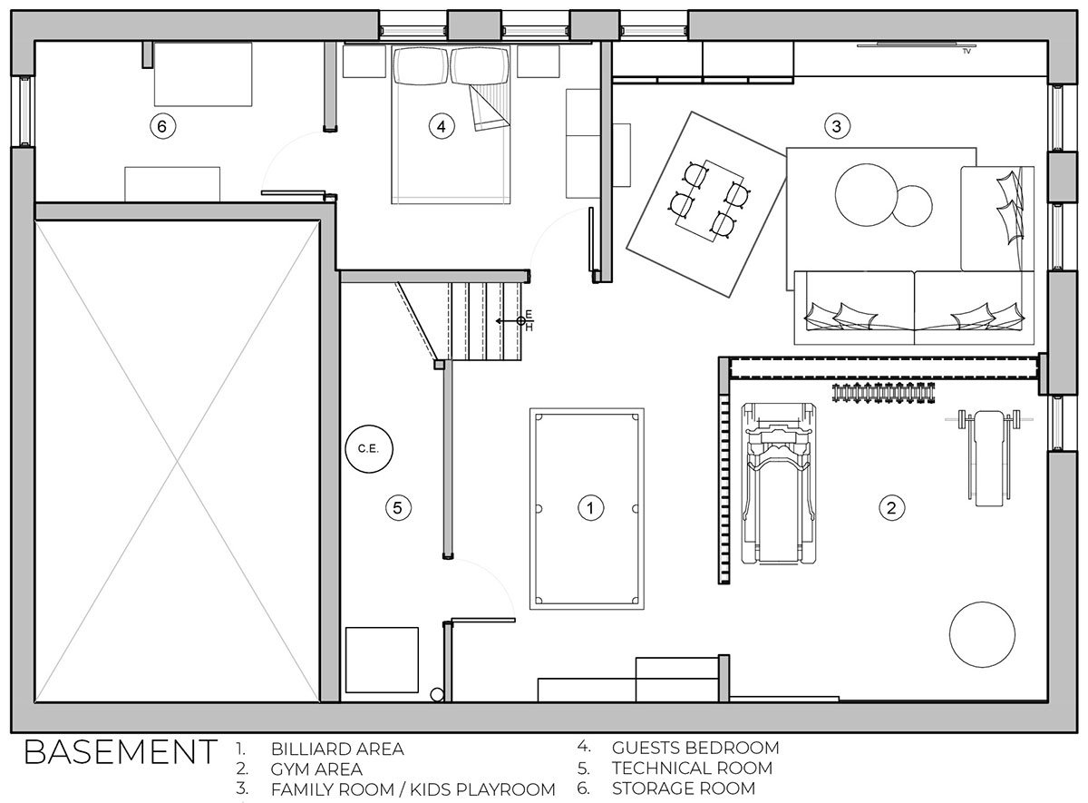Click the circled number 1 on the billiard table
tap(590, 508)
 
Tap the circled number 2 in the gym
tap(891, 508)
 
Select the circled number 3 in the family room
tap(837, 126)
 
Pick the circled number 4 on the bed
tap(441, 126)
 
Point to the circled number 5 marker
tap(398, 508)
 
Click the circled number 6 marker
tap(162, 126)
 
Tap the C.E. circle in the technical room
tap(369, 448)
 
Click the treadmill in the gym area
tap(778, 483)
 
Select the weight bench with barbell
tap(989, 457)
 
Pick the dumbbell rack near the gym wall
tap(883, 393)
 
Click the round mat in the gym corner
tap(982, 634)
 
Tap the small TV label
tap(967, 51)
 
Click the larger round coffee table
tap(866, 195)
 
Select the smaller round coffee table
tap(912, 206)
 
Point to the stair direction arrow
tap(508, 321)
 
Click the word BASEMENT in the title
tap(121, 752)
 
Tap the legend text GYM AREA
tap(316, 769)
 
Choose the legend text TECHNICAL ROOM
tap(692, 768)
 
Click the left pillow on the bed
tap(421, 65)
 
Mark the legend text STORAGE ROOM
tap(684, 788)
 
